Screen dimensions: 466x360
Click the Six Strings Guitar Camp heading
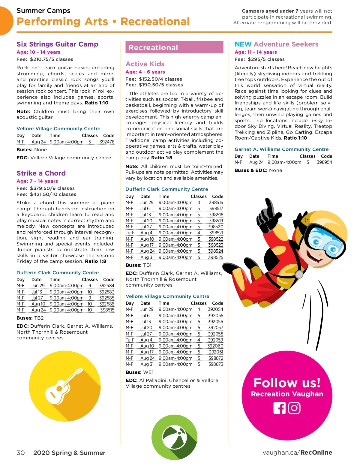coord(57,44)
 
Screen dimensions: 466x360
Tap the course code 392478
coord(107,142)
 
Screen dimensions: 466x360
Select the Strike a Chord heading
coord(41,173)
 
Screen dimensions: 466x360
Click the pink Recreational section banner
coord(174,47)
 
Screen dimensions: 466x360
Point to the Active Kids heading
coord(145,64)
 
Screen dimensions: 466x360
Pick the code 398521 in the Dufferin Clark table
coord(216,233)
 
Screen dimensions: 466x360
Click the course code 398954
coord(324,162)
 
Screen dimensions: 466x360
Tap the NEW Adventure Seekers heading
coord(276,44)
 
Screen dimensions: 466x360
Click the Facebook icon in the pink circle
coord(279,408)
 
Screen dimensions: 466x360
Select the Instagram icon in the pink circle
coord(294,408)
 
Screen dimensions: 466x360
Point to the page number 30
coord(21,453)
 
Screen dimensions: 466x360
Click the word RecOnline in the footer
coord(316,452)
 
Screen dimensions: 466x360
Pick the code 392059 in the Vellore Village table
coord(215,340)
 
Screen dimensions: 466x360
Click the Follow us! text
coord(287,383)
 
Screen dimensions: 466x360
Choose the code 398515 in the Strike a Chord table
coord(107,310)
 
